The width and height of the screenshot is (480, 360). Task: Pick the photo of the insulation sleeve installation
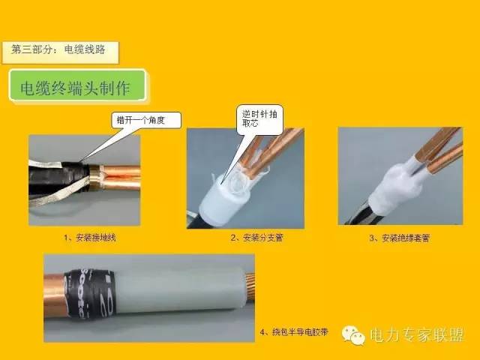(x=399, y=177)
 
